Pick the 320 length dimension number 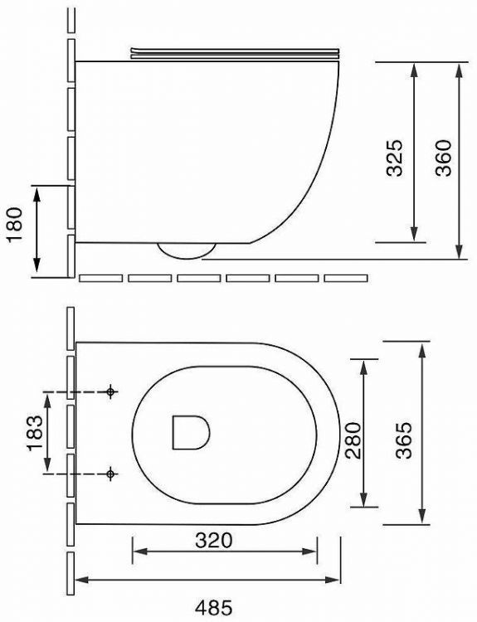click(213, 540)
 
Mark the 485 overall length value click(210, 606)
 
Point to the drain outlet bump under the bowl click(187, 250)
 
